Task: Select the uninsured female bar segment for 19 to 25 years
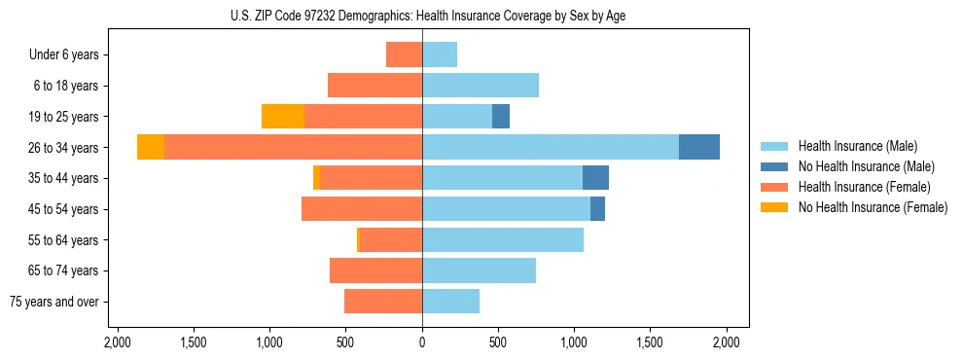(x=283, y=117)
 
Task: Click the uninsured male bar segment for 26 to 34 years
(x=698, y=147)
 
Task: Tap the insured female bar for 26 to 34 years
(x=293, y=147)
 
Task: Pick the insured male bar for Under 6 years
(x=440, y=54)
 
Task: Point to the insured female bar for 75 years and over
(x=383, y=302)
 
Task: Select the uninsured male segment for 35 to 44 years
(x=595, y=178)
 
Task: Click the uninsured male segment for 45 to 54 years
(x=597, y=209)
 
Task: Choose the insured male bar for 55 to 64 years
(x=503, y=239)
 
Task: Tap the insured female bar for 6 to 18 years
(x=374, y=86)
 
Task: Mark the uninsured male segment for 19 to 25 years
(x=501, y=117)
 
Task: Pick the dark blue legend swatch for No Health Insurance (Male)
(x=774, y=166)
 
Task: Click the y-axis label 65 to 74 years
(x=63, y=270)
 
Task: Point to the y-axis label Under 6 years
(x=64, y=54)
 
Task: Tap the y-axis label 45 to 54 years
(x=63, y=209)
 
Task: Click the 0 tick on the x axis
(x=422, y=342)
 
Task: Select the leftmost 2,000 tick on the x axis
(x=117, y=342)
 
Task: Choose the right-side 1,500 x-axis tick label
(x=651, y=342)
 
